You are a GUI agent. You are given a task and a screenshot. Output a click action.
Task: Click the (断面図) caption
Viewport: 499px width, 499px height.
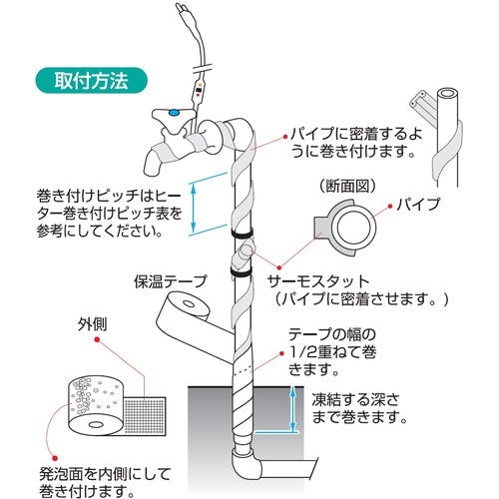pyautogui.click(x=348, y=187)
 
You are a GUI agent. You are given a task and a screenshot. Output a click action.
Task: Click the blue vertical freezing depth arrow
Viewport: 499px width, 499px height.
pyautogui.click(x=292, y=410)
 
